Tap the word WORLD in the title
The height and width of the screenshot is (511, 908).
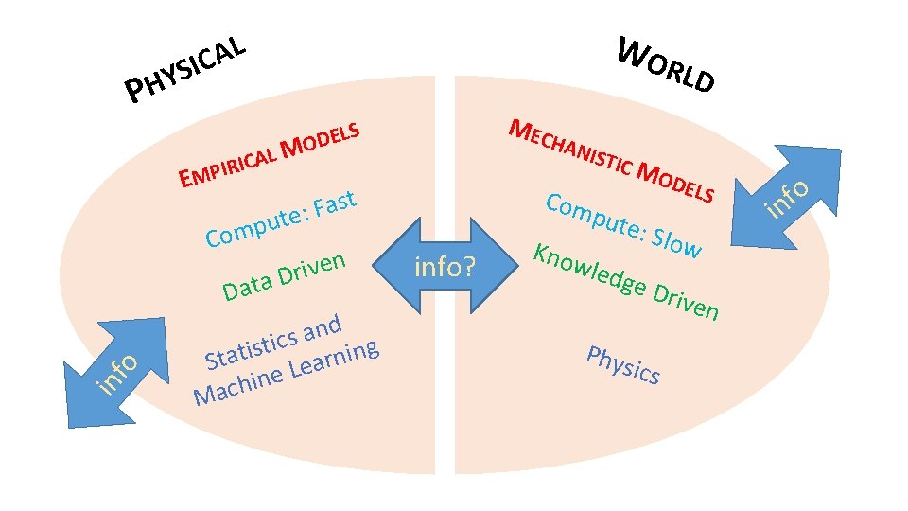click(x=665, y=64)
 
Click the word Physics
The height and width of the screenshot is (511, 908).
click(x=622, y=365)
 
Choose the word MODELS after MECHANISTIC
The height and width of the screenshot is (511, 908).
click(x=676, y=182)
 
